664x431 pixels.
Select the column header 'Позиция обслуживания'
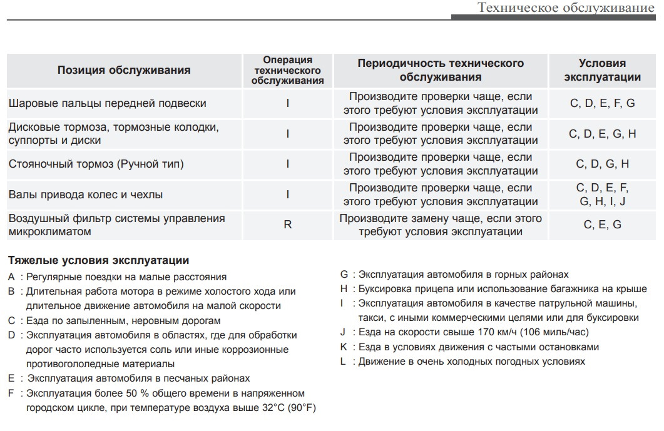coord(124,70)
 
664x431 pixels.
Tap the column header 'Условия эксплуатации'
coord(602,70)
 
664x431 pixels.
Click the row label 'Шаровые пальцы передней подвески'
coord(107,103)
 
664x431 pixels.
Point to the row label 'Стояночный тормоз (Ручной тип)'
coord(96,164)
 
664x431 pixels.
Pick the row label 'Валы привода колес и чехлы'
coord(86,195)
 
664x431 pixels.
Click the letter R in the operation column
coord(288,225)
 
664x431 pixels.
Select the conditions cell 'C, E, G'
coord(602,225)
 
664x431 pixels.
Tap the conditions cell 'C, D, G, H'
coord(602,164)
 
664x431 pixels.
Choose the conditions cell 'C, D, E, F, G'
coord(602,103)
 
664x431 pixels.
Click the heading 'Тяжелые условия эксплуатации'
coord(98,260)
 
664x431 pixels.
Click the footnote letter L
coord(343,362)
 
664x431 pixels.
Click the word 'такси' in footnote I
coord(370,317)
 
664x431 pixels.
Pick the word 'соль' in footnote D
coord(223,349)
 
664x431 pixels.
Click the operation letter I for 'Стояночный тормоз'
coord(288,164)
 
